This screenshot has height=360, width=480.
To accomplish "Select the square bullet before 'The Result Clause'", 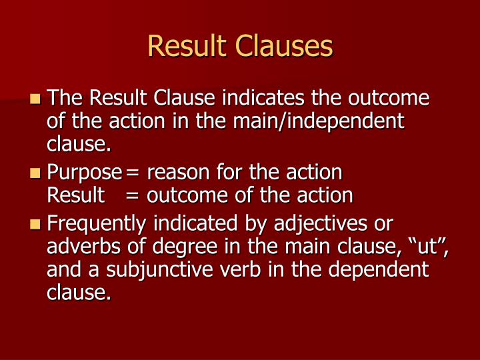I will (x=35, y=100).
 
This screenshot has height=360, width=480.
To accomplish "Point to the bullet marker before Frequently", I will (x=35, y=223).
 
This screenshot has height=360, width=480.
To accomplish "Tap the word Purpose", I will (x=85, y=173).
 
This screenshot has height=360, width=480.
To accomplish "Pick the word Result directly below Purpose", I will (x=76, y=195).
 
